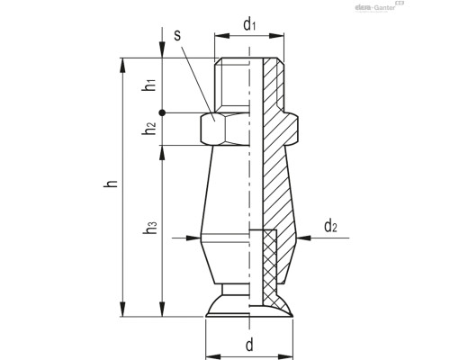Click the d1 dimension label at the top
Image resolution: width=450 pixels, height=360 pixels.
[x=249, y=24]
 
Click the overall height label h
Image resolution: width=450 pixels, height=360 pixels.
[x=110, y=184]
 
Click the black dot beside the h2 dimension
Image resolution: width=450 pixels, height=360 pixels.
[x=162, y=112]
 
